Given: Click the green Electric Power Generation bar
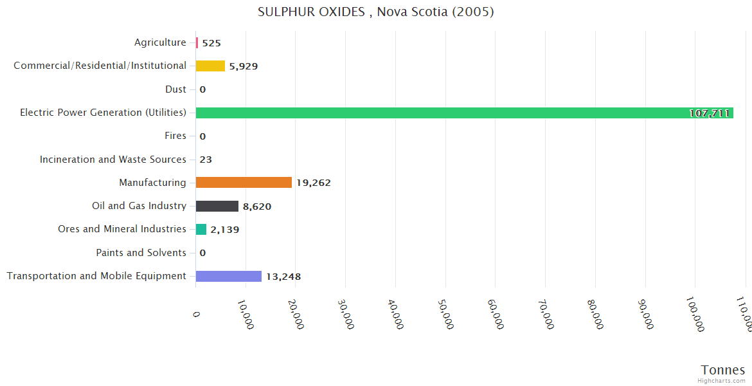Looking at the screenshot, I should [x=463, y=113].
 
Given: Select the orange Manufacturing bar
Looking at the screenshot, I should [x=244, y=183].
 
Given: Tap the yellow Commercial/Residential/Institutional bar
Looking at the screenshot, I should [x=210, y=66].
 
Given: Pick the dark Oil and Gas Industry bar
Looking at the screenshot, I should [x=217, y=206].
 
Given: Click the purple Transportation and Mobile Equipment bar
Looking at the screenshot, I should [x=228, y=276].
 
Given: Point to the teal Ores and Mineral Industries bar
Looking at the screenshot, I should [x=201, y=229].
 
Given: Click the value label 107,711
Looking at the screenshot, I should [x=709, y=113].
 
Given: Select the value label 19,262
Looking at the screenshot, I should [x=314, y=183].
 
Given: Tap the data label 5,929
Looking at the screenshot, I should [x=244, y=66].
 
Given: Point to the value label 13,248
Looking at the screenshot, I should [x=283, y=277].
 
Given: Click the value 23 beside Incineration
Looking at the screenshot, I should [x=206, y=160].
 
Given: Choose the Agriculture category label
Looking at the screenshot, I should [x=160, y=42].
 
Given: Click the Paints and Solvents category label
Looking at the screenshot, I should [x=141, y=253].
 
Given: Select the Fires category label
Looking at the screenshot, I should [x=175, y=136].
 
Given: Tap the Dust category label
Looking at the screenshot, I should [x=175, y=89].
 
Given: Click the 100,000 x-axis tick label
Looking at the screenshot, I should [x=695, y=315].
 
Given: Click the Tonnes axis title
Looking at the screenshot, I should [x=723, y=370].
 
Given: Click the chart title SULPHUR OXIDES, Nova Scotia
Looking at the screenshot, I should [x=376, y=12].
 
